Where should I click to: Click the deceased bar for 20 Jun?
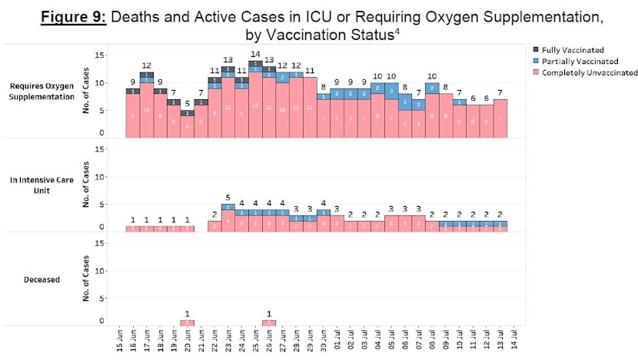tap(188, 322)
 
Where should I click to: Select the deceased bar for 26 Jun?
tap(269, 322)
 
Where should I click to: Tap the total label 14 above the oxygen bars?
tap(255, 53)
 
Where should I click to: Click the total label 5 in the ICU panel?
tap(228, 196)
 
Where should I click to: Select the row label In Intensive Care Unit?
tap(48, 185)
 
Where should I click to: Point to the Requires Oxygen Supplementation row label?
tap(45, 92)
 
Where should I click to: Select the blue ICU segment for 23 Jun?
tap(228, 207)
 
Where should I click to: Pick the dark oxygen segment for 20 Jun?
tap(188, 112)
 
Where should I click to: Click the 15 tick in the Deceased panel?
tap(100, 243)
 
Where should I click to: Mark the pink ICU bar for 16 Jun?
tap(133, 228)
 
